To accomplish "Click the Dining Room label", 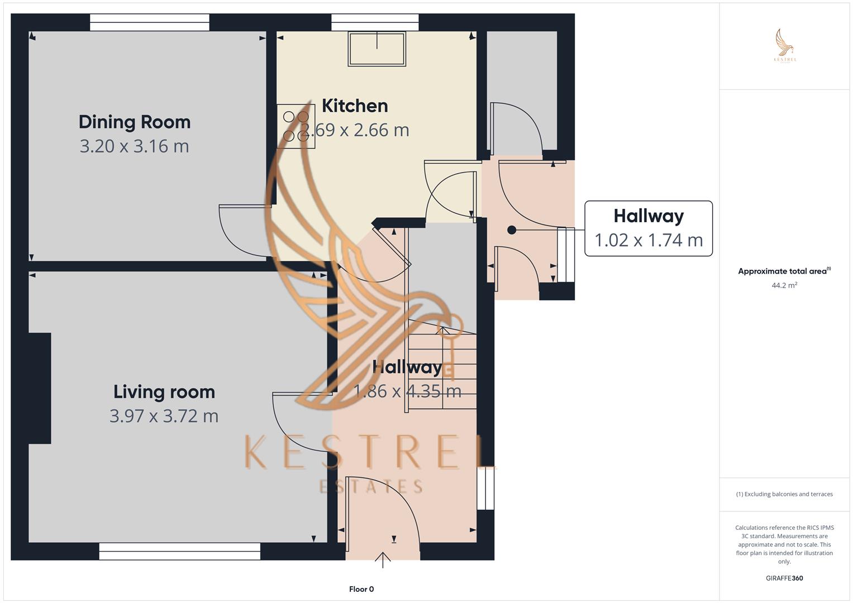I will (x=135, y=122).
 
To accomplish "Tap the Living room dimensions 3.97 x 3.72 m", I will (x=164, y=416).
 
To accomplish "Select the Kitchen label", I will (x=355, y=106).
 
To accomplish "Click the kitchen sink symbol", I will (x=377, y=49).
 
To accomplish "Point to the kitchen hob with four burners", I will (x=296, y=126).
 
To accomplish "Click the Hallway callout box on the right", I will (x=648, y=228).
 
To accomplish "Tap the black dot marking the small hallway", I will (x=512, y=230).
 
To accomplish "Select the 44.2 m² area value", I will (x=784, y=285).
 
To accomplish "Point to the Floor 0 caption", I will (x=361, y=589).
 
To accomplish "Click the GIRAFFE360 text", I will (x=784, y=578).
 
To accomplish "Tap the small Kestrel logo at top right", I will (x=785, y=46).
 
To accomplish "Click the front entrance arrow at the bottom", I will (x=383, y=559).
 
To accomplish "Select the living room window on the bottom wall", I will (x=179, y=551).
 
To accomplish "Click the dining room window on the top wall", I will (x=150, y=22).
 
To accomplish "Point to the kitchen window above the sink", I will (x=375, y=22).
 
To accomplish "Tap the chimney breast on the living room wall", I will (x=40, y=388).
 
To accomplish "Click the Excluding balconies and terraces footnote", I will (x=784, y=494).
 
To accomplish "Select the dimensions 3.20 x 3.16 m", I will (x=134, y=146).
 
